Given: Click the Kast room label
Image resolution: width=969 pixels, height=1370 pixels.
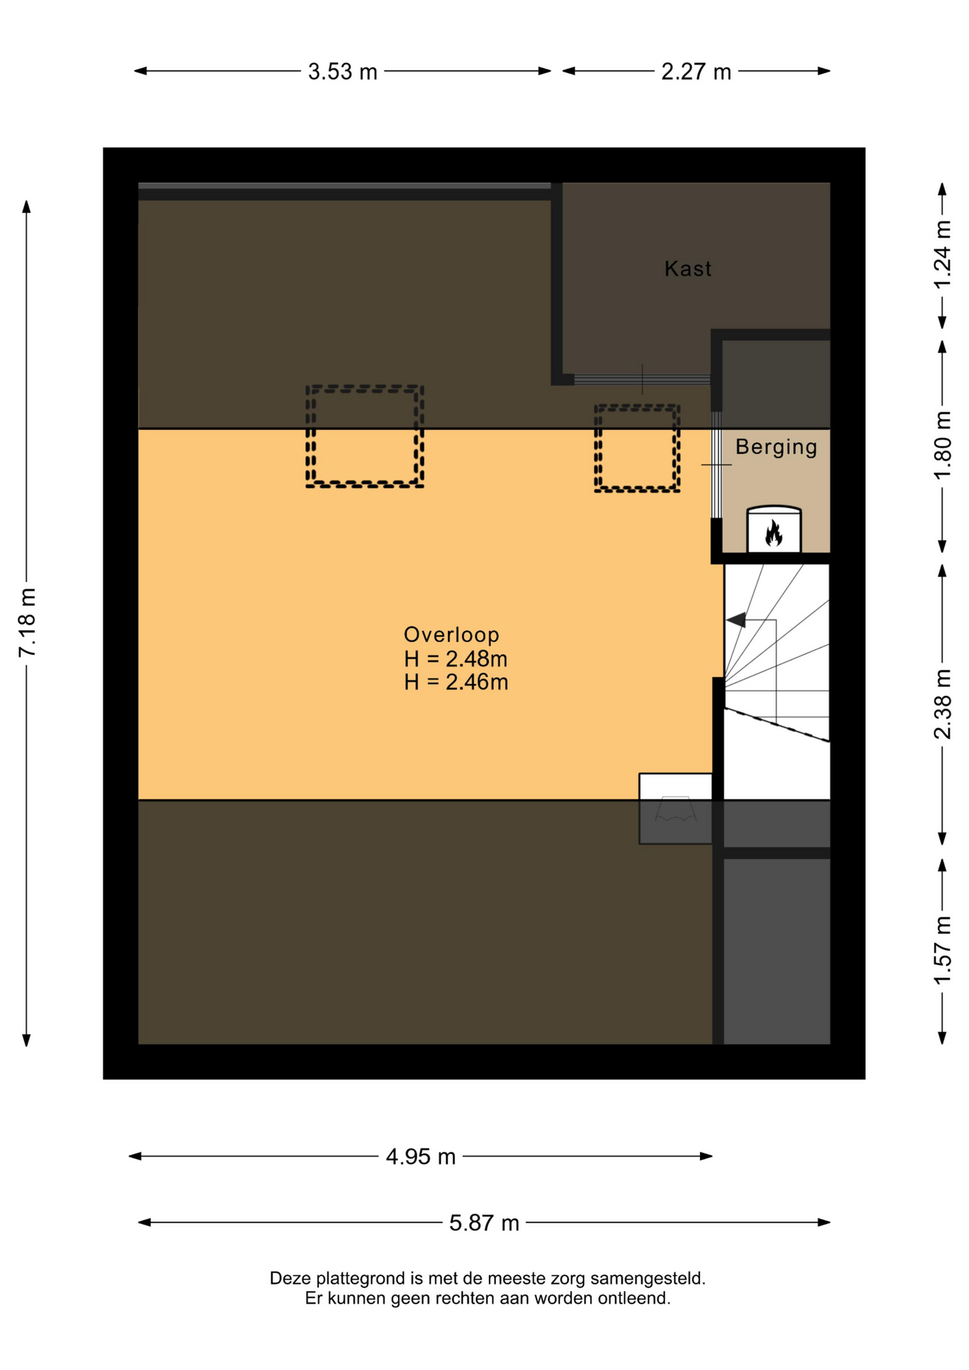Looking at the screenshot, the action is click(688, 268).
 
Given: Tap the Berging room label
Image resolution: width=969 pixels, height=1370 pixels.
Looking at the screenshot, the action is click(776, 447).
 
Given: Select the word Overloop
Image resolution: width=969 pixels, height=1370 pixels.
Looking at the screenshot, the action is click(452, 634).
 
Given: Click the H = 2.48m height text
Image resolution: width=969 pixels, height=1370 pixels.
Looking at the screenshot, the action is click(456, 659).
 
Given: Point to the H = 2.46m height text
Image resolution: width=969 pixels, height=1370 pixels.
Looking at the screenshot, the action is click(456, 682).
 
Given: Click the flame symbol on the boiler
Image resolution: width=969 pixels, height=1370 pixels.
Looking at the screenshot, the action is click(773, 533).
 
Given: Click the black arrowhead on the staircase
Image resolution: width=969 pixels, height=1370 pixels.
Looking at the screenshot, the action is click(736, 620).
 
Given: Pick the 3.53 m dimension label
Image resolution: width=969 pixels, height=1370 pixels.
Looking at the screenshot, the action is click(343, 71).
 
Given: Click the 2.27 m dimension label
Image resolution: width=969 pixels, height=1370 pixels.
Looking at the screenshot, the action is click(696, 71).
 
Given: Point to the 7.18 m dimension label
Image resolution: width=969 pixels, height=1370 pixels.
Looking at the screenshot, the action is click(27, 623).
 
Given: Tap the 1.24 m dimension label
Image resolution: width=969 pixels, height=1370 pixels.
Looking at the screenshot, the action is click(943, 255).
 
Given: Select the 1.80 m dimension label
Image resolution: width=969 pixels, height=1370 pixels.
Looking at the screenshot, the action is click(943, 446).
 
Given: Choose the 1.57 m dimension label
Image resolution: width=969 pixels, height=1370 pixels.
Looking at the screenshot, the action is click(943, 950).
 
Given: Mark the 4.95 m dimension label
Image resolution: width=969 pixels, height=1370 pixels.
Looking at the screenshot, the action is click(421, 1157).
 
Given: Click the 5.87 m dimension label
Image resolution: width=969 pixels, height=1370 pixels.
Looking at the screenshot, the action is click(484, 1223).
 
